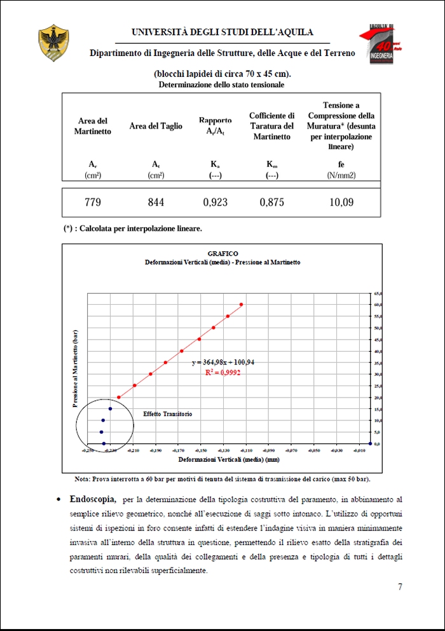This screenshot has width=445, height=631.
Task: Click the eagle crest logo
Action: tap(54, 43)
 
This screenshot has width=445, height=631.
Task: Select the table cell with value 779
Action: tap(93, 202)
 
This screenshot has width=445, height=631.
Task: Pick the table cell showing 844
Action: tap(156, 202)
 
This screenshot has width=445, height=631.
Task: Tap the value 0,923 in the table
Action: tap(216, 202)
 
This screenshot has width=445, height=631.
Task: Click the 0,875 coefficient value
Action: tap(271, 202)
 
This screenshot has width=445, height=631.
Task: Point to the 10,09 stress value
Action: tap(341, 202)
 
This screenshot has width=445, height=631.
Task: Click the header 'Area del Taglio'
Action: tap(156, 126)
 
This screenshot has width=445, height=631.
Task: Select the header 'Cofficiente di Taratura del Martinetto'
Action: tap(271, 126)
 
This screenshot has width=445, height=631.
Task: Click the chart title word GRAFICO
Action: tap(222, 254)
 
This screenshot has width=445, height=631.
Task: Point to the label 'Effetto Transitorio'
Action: tap(167, 413)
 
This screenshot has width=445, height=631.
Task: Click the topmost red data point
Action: tap(241, 305)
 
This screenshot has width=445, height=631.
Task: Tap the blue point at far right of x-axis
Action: tap(370, 443)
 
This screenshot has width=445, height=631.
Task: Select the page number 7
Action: tap(400, 586)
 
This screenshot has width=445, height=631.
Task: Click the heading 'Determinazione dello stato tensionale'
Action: tap(221, 85)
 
